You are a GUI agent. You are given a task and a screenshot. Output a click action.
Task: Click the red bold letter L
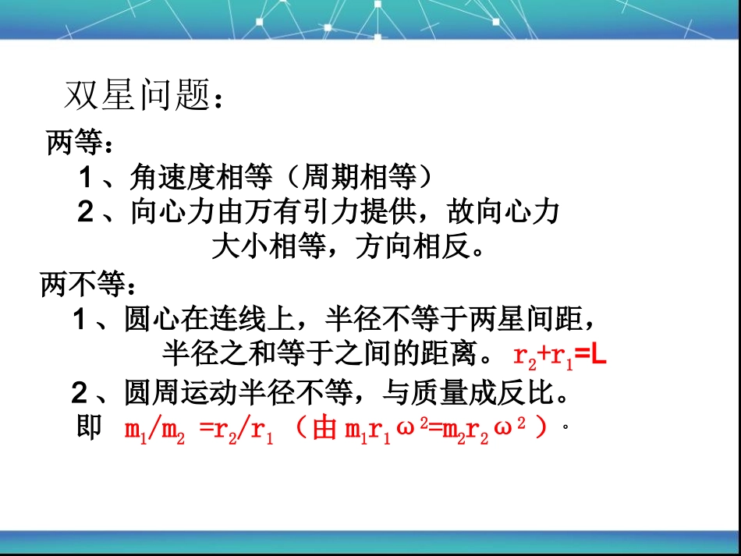coord(598,355)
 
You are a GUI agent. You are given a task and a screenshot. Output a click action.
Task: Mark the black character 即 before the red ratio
coord(90,427)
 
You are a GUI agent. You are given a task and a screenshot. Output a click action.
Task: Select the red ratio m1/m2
coord(154,430)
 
